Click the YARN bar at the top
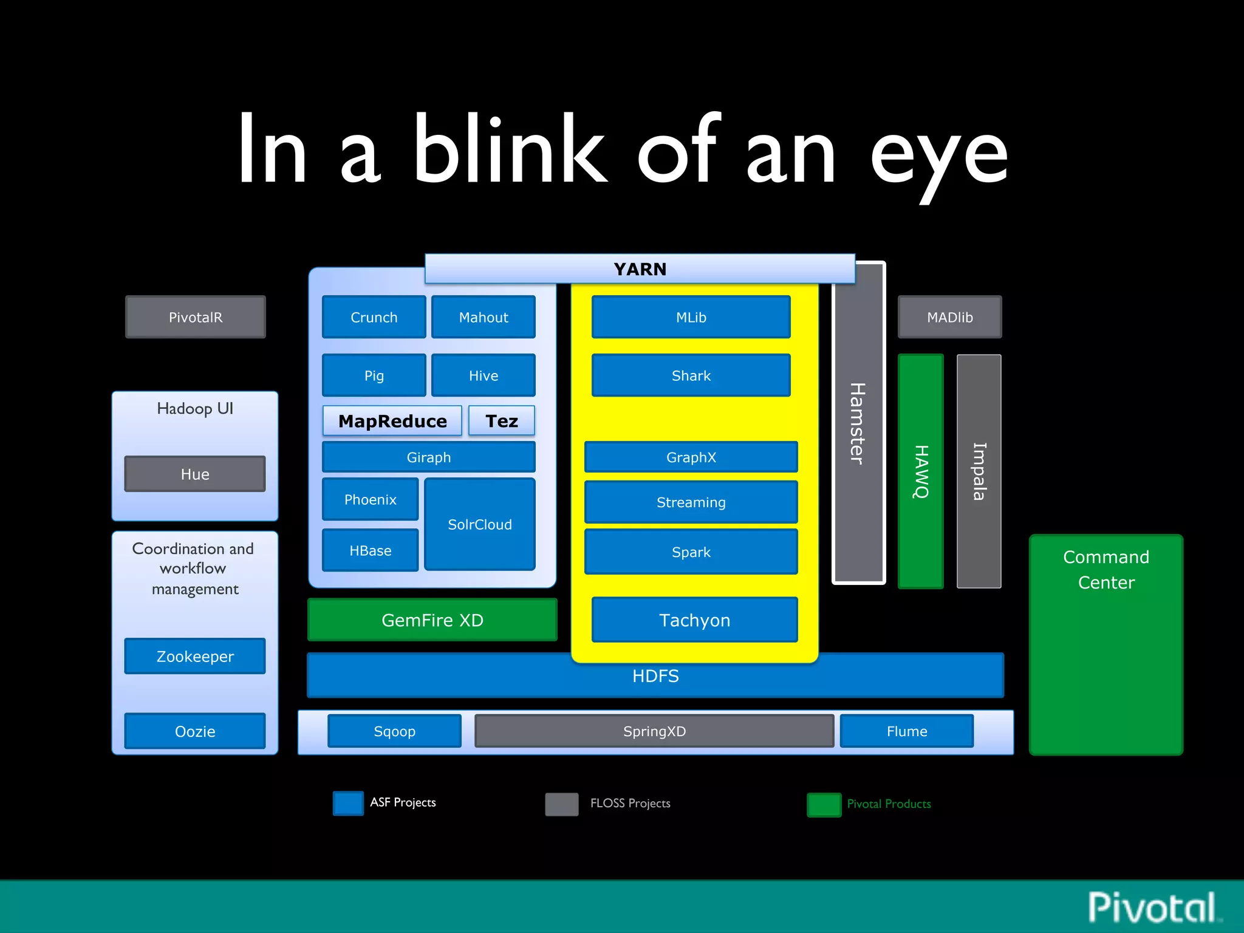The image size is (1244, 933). [640, 269]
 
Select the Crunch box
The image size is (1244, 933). [374, 317]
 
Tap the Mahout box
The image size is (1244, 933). [483, 317]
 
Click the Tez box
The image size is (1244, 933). [501, 421]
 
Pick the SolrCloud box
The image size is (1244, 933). [479, 524]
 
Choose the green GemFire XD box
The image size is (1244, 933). [432, 620]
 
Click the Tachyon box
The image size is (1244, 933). [694, 620]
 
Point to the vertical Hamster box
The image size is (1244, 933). [858, 423]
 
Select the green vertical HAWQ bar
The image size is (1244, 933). [921, 471]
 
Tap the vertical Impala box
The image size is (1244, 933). [979, 471]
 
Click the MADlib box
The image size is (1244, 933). [949, 317]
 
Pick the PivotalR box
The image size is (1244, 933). [195, 317]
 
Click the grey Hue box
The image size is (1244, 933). [195, 474]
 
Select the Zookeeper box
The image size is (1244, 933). [195, 656]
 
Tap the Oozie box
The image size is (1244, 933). [195, 731]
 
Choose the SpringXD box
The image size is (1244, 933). [654, 731]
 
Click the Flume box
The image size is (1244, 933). [906, 731]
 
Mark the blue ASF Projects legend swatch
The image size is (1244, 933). [348, 803]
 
